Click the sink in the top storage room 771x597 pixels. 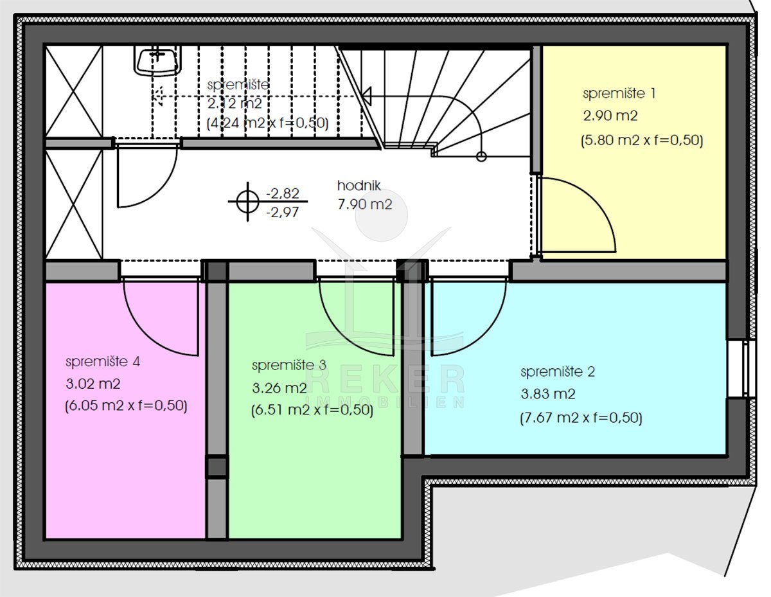157,60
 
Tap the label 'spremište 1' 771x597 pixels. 619,94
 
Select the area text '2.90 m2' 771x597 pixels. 610,116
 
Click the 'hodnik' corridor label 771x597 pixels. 359,186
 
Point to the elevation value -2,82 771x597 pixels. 283,193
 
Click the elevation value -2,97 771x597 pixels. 283,213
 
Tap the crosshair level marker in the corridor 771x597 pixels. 247,202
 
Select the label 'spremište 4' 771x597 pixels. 103,362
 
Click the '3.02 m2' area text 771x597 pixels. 93,384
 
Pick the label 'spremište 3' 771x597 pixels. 289,366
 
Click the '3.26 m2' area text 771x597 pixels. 279,388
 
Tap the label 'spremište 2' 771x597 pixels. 558,371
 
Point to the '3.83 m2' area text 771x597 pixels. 548,394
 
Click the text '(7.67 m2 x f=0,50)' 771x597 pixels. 581,418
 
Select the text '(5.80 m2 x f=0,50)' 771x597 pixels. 642,141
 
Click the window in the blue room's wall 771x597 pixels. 741,369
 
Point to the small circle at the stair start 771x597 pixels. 481,156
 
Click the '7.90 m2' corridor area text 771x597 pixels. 365,204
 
